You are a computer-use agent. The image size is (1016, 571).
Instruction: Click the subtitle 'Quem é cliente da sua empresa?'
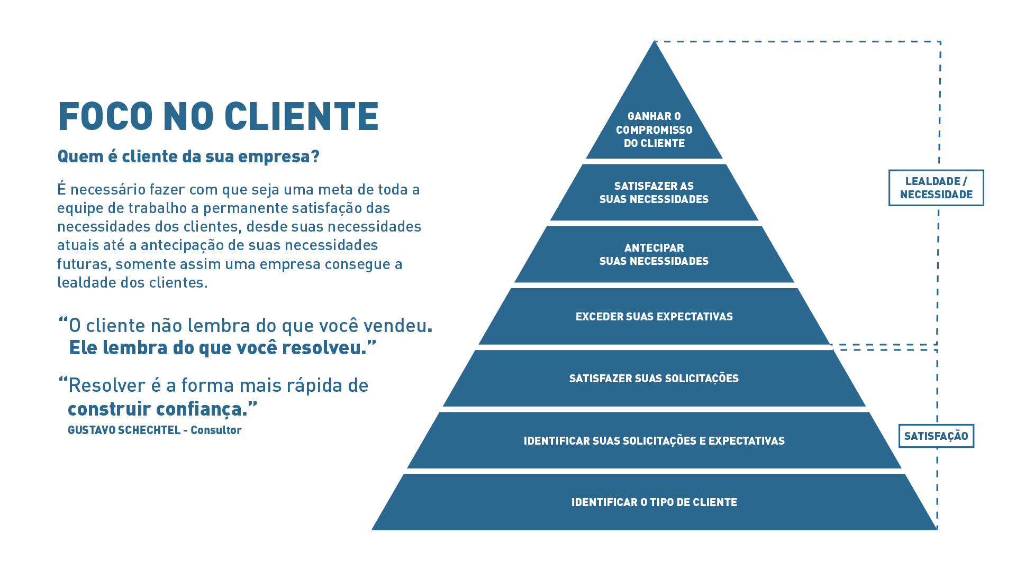188,156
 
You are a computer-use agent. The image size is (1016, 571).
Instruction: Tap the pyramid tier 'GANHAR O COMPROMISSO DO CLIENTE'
654,130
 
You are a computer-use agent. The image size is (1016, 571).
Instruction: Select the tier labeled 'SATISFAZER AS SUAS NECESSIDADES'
654,192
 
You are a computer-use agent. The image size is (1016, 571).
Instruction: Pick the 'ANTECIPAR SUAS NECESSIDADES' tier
654,254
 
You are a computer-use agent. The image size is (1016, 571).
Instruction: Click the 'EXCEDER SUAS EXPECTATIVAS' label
654,317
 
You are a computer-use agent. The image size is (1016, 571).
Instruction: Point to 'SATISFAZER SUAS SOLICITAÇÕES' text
654,379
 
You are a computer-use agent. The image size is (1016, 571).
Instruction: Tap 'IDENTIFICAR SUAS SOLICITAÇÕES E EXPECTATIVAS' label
654,441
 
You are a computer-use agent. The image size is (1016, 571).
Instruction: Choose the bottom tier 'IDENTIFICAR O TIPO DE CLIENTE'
654,502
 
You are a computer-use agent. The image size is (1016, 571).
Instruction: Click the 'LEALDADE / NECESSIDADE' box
936,188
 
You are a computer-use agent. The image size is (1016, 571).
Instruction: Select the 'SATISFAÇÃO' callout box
936,436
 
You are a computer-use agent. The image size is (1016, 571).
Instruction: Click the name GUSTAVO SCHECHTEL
124,430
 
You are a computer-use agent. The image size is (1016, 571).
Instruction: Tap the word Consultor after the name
216,430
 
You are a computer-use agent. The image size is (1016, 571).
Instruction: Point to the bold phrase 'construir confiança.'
158,409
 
